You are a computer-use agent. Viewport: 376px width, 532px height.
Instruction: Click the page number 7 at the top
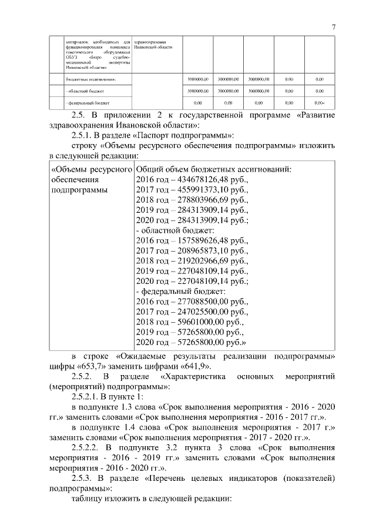pos(333,27)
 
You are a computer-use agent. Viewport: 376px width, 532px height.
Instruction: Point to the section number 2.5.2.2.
pos(88,448)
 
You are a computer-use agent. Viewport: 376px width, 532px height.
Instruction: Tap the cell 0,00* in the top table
pos(320,103)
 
